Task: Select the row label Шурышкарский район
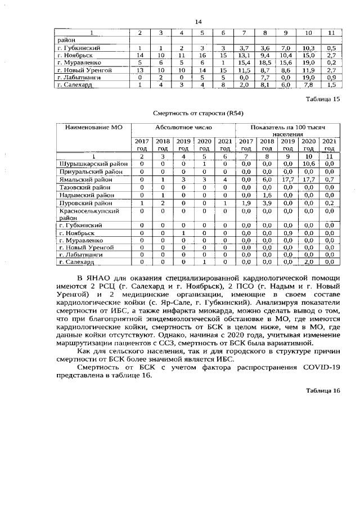(94, 164)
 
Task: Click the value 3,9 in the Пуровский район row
(267, 202)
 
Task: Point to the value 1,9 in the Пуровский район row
(246, 202)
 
